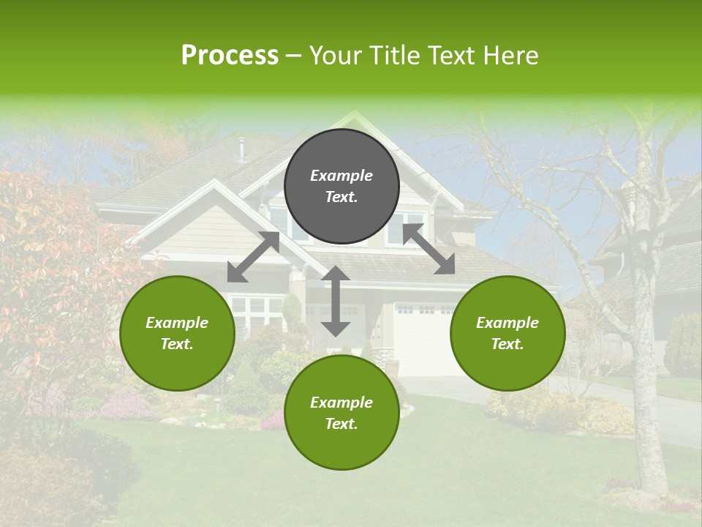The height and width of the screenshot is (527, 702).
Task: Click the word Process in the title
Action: coord(230,56)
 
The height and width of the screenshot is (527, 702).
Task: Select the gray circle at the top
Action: coord(341,186)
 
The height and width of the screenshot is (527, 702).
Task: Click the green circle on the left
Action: coord(177,333)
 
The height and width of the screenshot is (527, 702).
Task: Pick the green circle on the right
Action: coord(507,333)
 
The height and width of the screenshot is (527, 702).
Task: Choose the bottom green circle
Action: coord(341,413)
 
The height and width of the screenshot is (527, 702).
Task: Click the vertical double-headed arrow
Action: coord(336,301)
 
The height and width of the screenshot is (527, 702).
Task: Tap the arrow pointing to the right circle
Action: coord(429,249)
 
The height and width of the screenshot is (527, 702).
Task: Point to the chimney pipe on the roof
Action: coord(241,149)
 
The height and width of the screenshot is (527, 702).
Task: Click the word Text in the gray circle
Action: coord(341,198)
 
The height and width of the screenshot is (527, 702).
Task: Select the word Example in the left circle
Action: coord(177,323)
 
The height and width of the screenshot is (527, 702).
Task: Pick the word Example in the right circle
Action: coord(507,323)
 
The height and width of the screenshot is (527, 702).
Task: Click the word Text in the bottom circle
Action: coord(341,424)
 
